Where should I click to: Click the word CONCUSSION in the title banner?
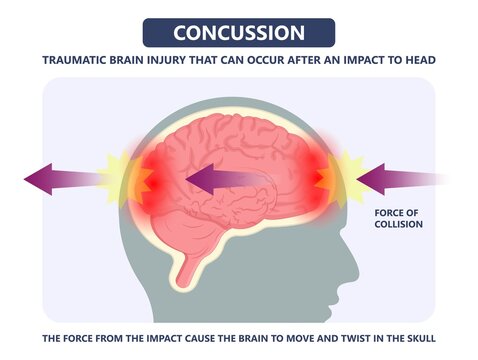pyautogui.click(x=239, y=32)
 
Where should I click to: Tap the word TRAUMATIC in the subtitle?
pyautogui.click(x=78, y=61)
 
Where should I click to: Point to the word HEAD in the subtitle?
pyautogui.click(x=418, y=61)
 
